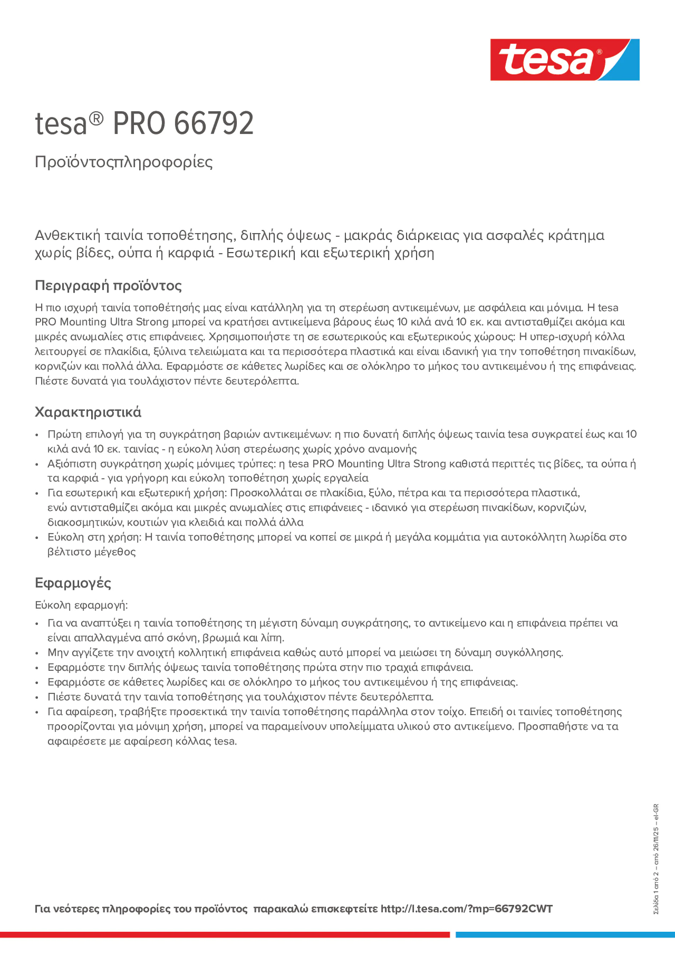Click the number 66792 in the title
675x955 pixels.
(214, 124)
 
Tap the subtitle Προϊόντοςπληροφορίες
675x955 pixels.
(124, 162)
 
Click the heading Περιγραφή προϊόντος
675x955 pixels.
(108, 286)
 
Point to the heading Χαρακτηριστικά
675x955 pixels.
(88, 412)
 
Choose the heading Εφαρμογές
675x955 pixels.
(73, 583)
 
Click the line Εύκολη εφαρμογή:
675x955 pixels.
(81, 605)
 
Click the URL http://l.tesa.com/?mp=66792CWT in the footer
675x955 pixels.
(466, 909)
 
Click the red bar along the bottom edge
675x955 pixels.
(225, 935)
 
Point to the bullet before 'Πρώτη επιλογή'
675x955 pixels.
(37, 435)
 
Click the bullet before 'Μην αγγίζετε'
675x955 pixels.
(37, 653)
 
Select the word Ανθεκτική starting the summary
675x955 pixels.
(67, 235)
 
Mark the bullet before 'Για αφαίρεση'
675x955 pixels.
(37, 712)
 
